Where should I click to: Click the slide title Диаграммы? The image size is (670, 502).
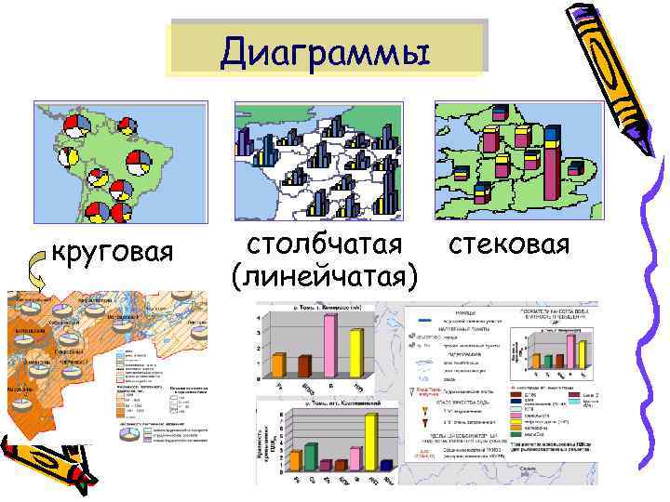point(327,51)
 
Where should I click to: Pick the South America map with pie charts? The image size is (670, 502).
point(119,162)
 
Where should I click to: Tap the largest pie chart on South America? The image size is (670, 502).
point(141,162)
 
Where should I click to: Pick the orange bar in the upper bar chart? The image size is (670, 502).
point(277,363)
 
